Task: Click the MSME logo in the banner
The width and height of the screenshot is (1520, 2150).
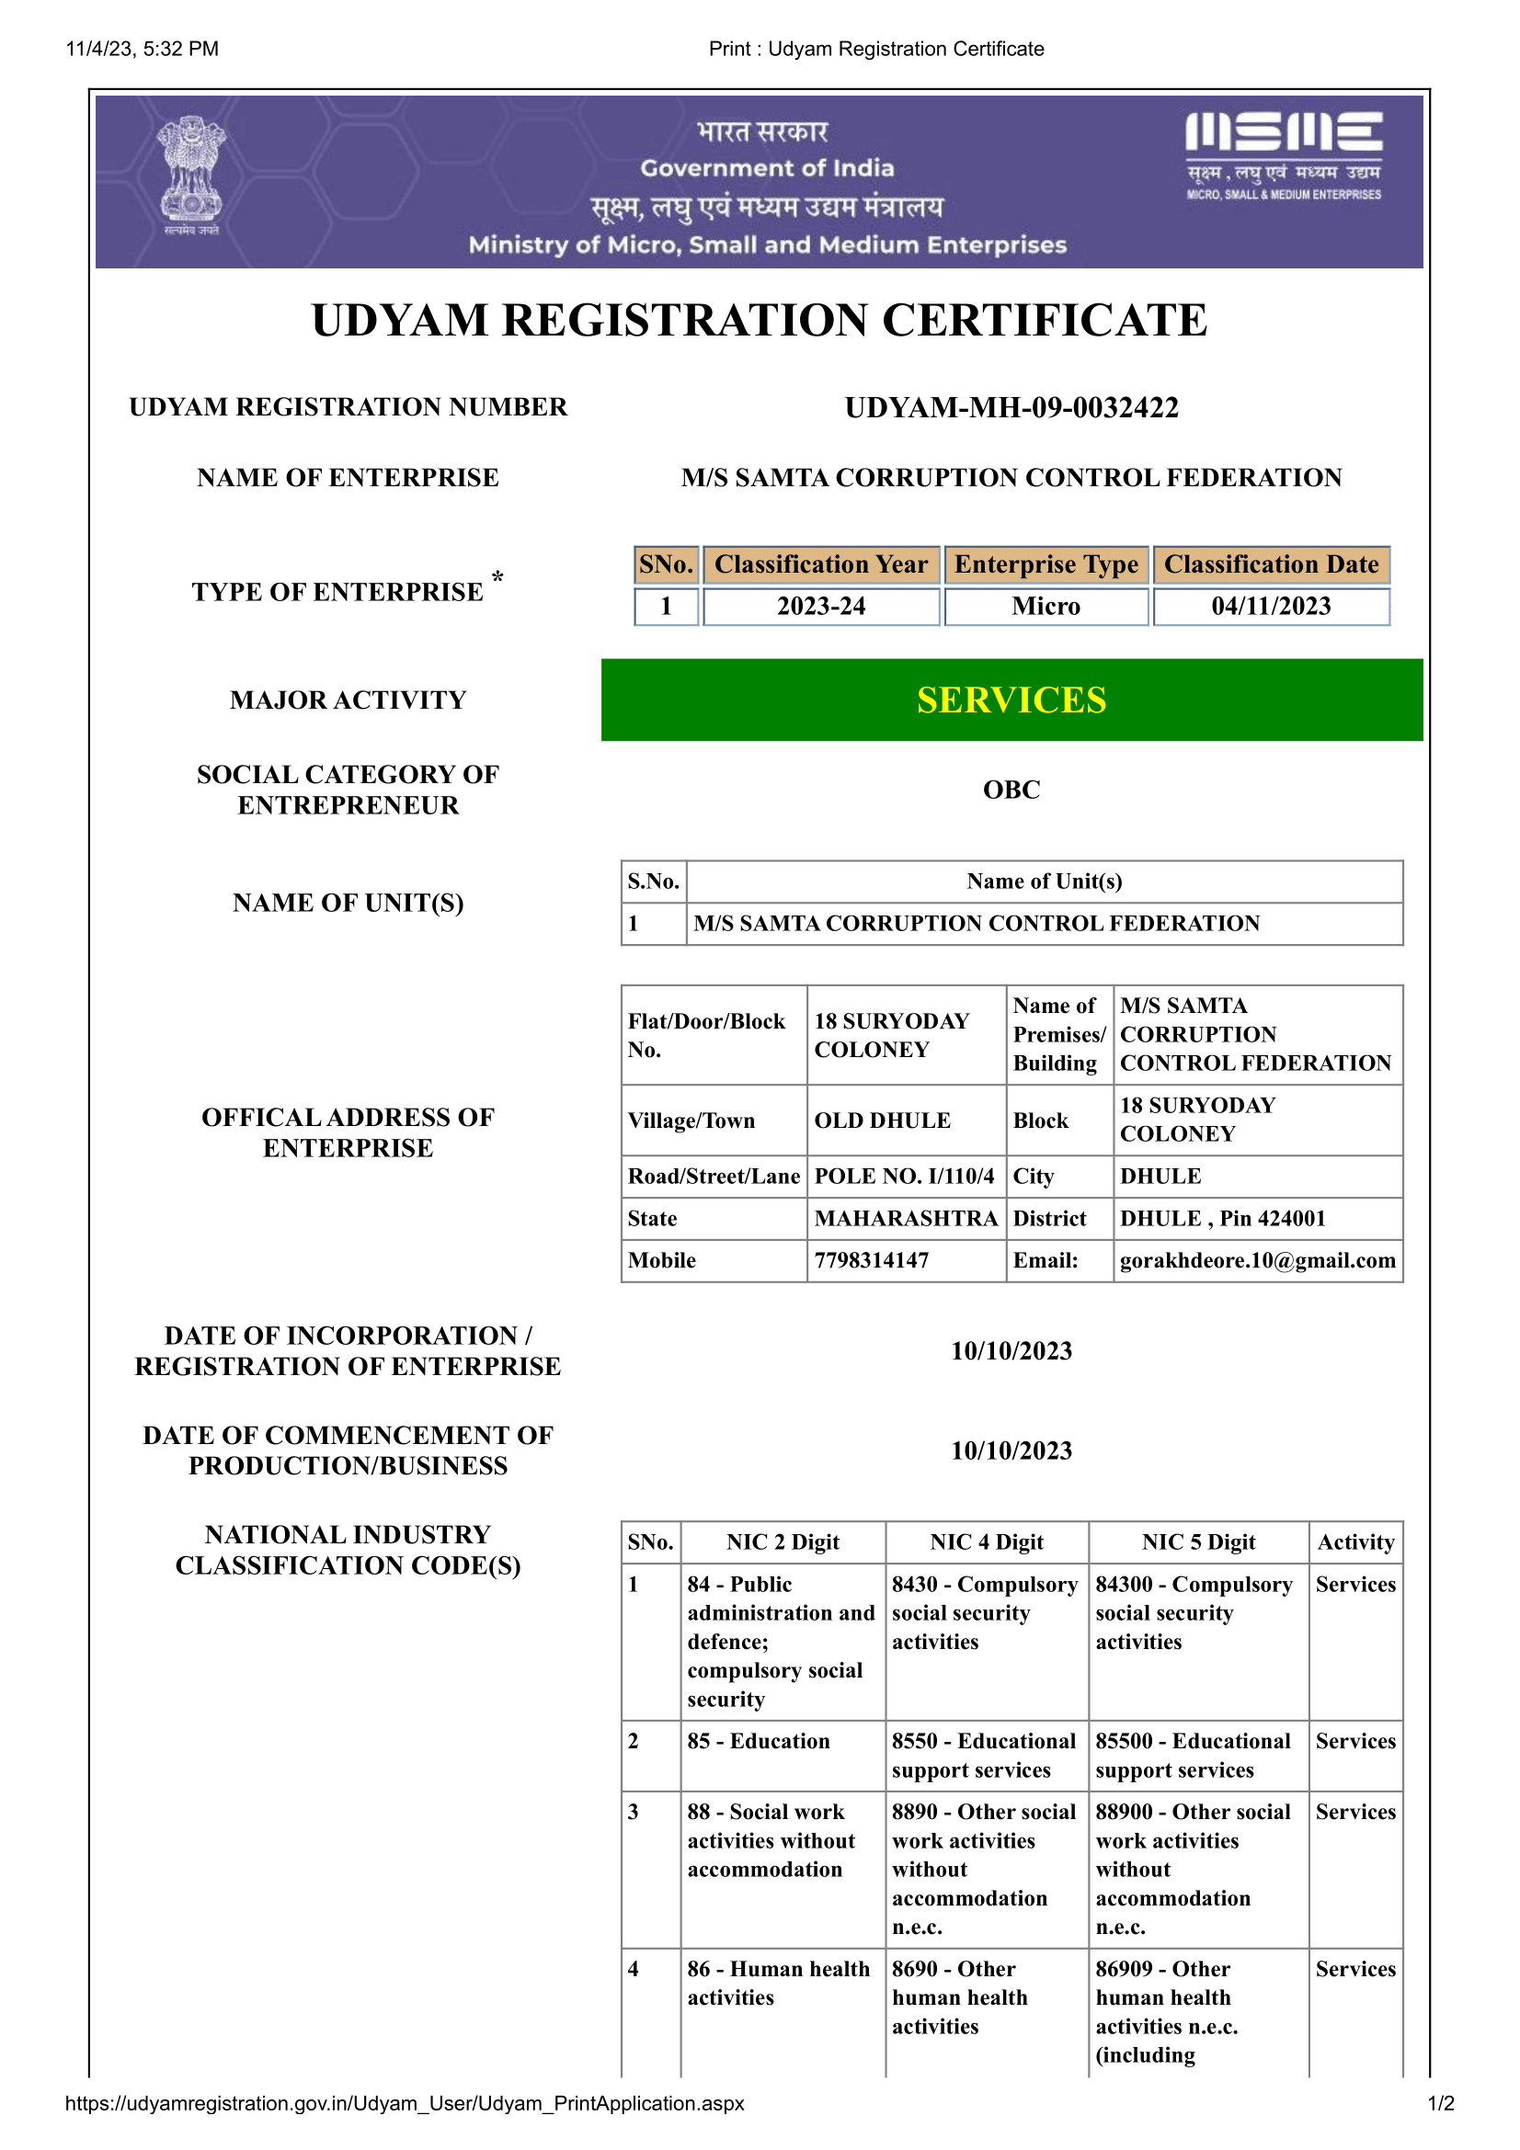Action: coord(1283,154)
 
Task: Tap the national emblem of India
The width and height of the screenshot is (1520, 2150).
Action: coord(191,176)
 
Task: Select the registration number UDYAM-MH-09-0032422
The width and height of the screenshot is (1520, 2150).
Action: coord(1011,407)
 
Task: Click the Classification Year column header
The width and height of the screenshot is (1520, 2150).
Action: coord(820,564)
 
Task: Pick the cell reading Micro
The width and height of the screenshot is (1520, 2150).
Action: coord(1046,607)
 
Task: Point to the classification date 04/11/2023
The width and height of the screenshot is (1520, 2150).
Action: coord(1271,607)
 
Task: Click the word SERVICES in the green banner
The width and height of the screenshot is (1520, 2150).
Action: coord(1011,700)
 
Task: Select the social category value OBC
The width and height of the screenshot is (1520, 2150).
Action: coord(1011,790)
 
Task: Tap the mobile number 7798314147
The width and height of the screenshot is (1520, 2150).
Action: coord(872,1260)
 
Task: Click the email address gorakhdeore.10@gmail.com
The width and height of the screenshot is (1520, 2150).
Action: coord(1257,1260)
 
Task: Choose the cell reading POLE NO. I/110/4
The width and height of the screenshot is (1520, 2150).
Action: coord(904,1177)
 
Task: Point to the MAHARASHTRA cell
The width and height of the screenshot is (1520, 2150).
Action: coord(906,1218)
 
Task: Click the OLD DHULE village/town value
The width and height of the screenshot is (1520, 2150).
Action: coord(882,1120)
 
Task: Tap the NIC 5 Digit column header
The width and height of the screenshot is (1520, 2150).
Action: coord(1198,1542)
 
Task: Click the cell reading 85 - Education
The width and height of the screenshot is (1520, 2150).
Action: coord(759,1741)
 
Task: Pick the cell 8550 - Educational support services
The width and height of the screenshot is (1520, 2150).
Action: coord(983,1755)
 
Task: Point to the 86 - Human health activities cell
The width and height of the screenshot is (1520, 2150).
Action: coord(778,1983)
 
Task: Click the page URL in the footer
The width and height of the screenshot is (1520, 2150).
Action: coord(405,2103)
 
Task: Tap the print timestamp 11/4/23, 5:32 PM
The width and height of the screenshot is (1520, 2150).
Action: coord(143,49)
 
